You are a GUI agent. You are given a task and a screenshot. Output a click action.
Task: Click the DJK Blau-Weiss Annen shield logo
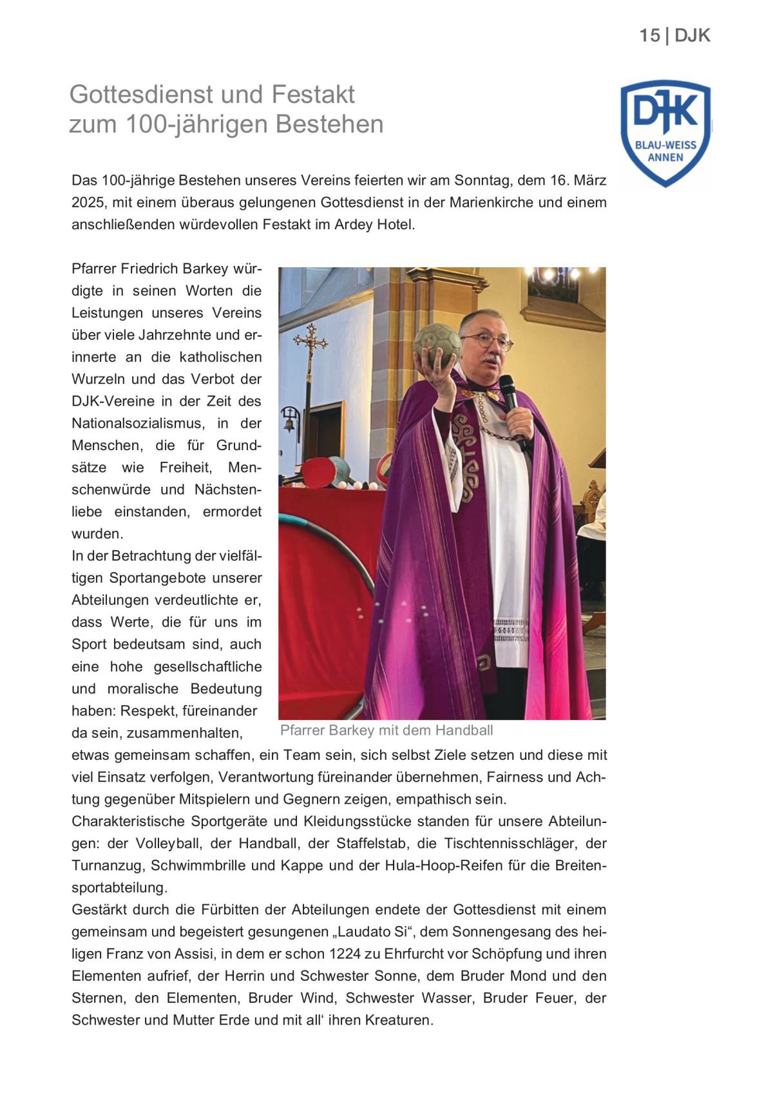coord(665,134)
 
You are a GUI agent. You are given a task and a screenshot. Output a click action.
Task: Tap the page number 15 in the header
coord(649,35)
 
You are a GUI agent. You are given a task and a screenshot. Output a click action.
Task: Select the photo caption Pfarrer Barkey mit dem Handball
coord(386,730)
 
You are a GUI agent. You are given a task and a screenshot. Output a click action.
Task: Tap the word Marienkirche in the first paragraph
coord(491,202)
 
